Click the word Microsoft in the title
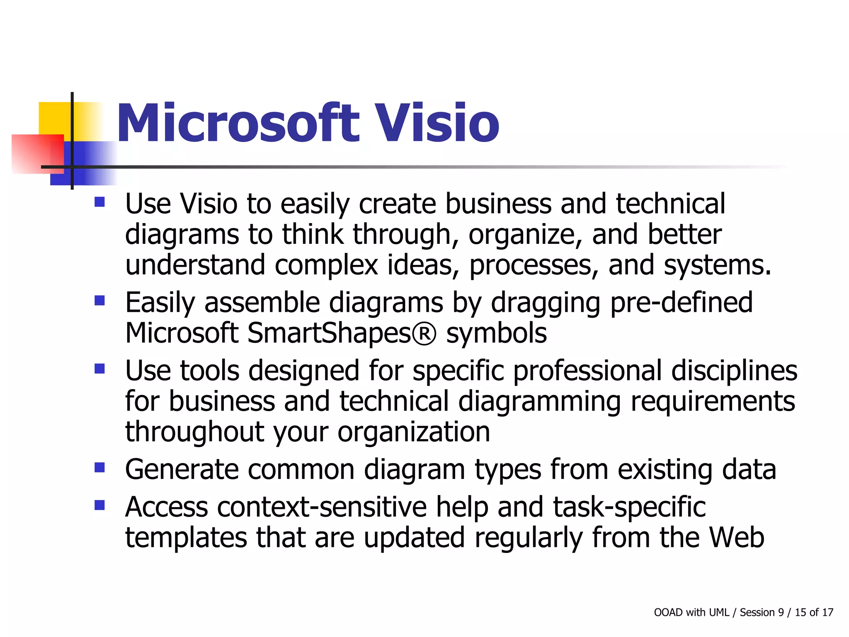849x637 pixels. (x=238, y=123)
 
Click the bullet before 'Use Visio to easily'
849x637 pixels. (x=99, y=202)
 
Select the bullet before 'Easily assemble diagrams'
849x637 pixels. (x=99, y=300)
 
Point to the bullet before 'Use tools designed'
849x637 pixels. (x=99, y=368)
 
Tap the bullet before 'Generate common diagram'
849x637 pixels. (x=99, y=468)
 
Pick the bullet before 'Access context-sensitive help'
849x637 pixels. (x=99, y=505)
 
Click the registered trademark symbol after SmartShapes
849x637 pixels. (x=424, y=333)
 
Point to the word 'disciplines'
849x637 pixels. (x=734, y=370)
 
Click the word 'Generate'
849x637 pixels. (x=182, y=469)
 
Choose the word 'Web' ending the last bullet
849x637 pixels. (x=736, y=537)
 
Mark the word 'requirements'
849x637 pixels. (x=713, y=401)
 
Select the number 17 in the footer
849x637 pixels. (x=827, y=613)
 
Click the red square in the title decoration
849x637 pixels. (x=37, y=153)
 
